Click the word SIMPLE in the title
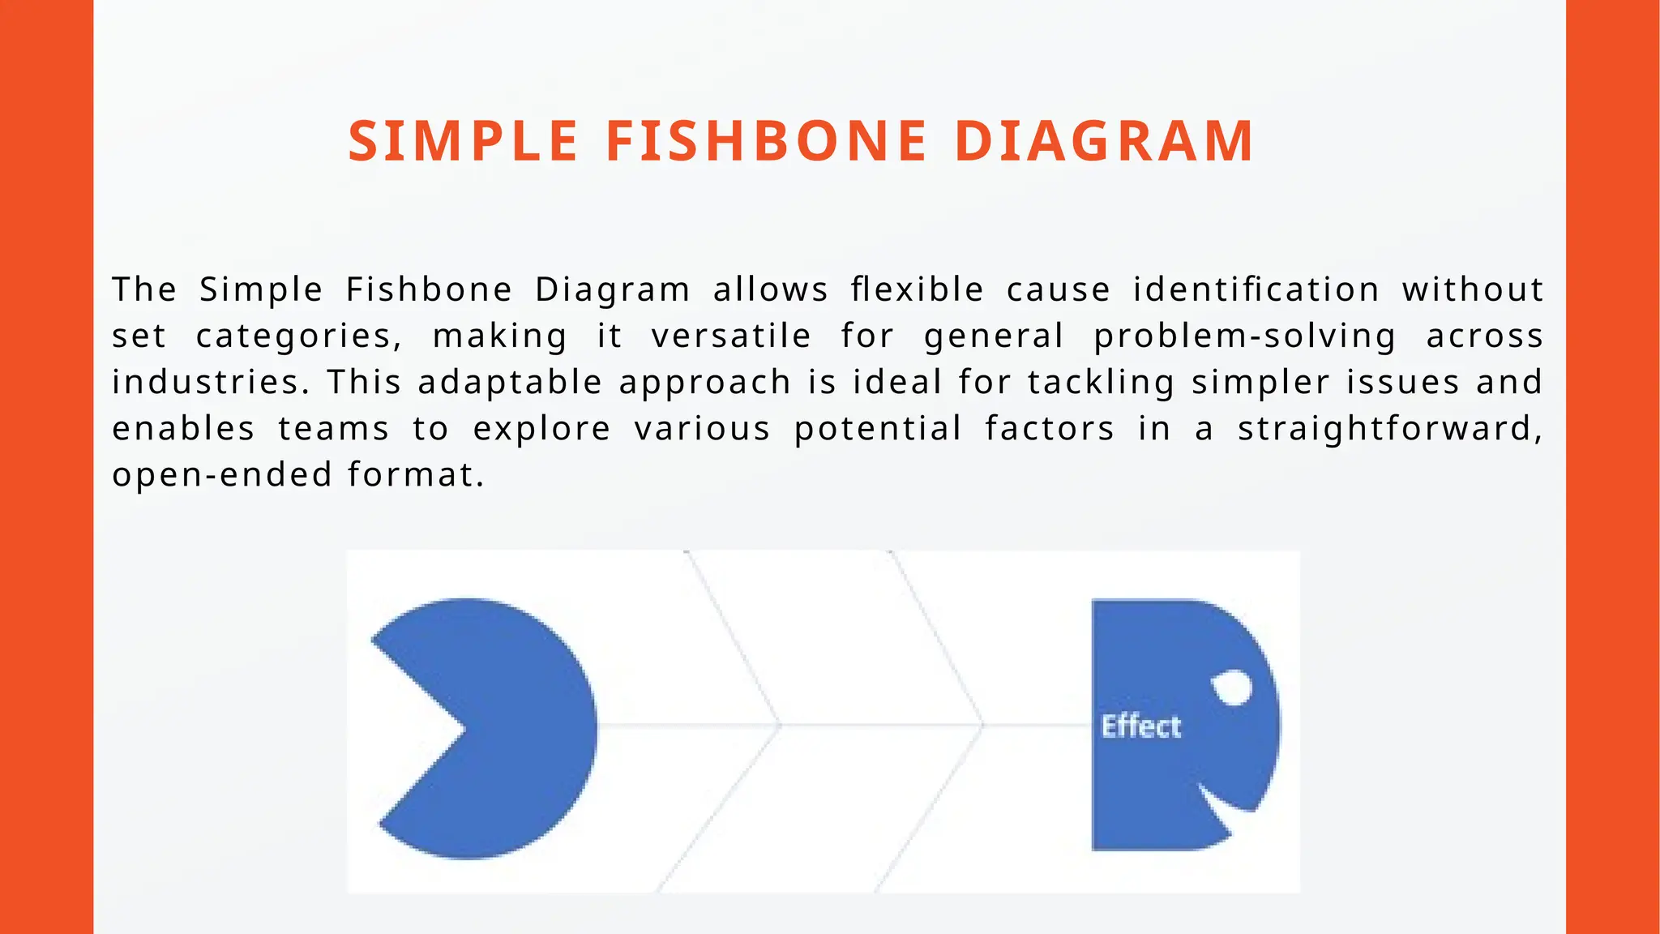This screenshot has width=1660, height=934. pyautogui.click(x=463, y=142)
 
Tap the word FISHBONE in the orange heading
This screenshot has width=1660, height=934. pyautogui.click(x=766, y=142)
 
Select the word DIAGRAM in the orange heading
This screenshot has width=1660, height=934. pyautogui.click(x=1105, y=142)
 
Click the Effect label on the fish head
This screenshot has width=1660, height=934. pyautogui.click(x=1140, y=726)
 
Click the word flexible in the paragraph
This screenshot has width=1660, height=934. pyautogui.click(x=917, y=289)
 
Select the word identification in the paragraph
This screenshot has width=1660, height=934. pyautogui.click(x=1256, y=289)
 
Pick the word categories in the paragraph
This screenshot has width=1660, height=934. pyautogui.click(x=298, y=336)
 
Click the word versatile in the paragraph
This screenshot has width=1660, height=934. pyautogui.click(x=730, y=336)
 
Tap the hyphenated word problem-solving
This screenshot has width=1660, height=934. pyautogui.click(x=1245, y=336)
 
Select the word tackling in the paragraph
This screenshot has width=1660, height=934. pyautogui.click(x=1101, y=383)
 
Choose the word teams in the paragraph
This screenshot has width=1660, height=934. pyautogui.click(x=333, y=429)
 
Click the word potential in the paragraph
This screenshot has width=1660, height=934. pyautogui.click(x=878, y=429)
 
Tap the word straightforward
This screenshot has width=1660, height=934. pyautogui.click(x=1389, y=429)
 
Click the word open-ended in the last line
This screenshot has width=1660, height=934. pyautogui.click(x=222, y=475)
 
